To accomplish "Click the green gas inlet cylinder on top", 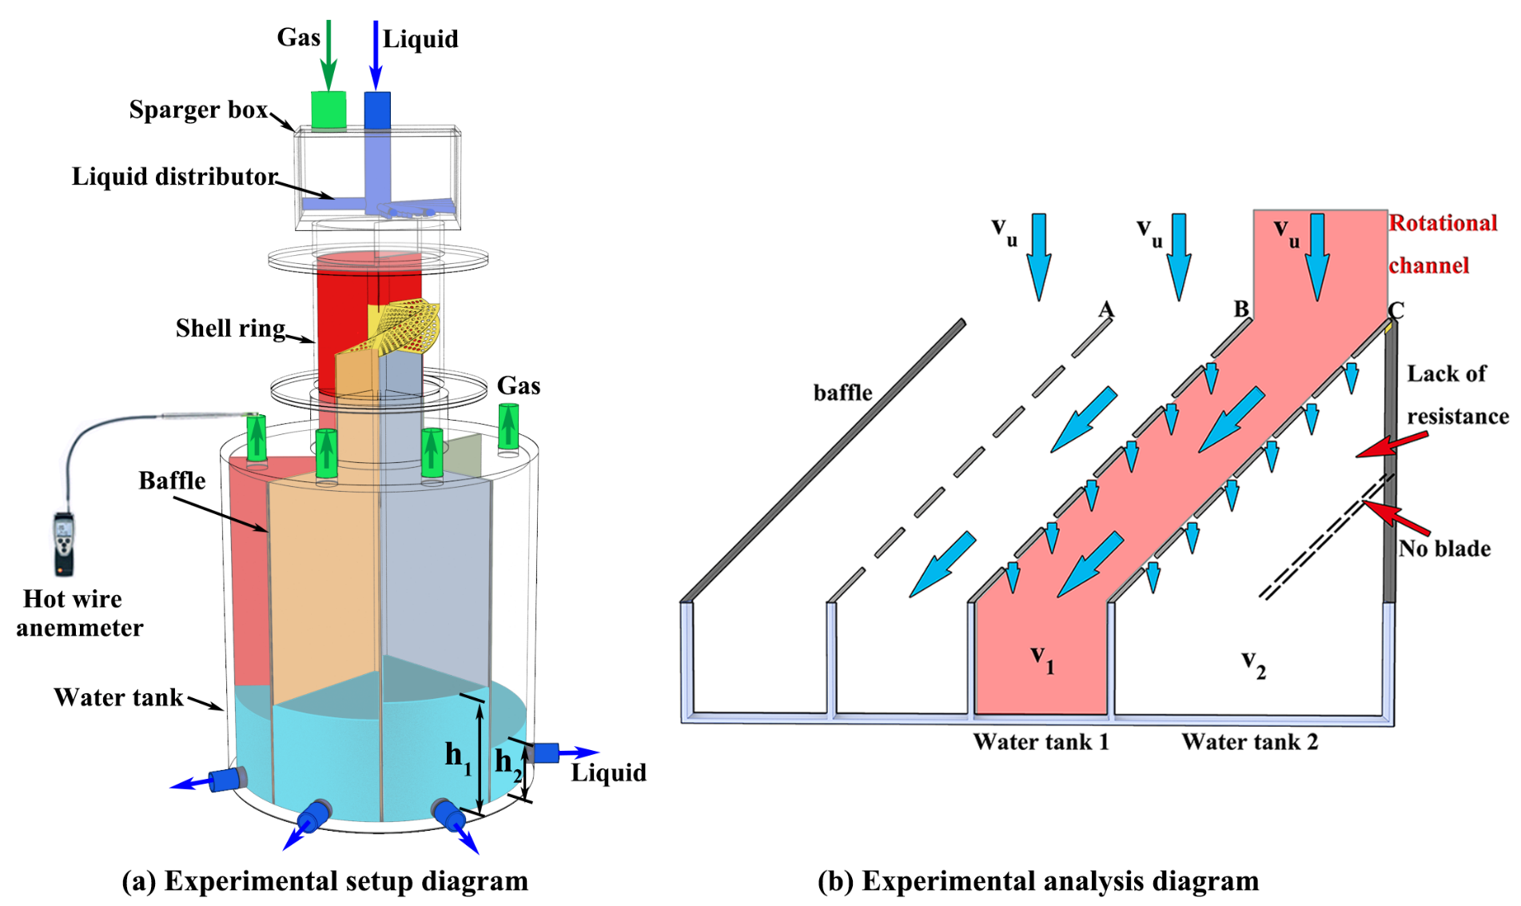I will tap(328, 110).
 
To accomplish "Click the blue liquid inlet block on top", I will tap(377, 110).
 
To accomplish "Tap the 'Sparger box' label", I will tap(198, 110).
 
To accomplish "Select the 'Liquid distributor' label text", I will tap(174, 177).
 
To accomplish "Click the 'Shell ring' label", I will tap(230, 328).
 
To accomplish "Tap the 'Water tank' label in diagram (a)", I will tap(118, 697).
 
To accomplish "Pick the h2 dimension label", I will tap(508, 762).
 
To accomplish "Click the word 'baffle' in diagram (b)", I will tap(842, 393).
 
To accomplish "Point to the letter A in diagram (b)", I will tap(1106, 309).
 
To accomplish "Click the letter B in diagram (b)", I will tap(1240, 309).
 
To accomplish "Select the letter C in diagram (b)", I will tap(1396, 309).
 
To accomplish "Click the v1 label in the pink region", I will tap(1042, 660).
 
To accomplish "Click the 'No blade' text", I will tap(1444, 549).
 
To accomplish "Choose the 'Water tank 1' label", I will tap(1041, 742).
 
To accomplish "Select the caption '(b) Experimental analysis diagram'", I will tap(1037, 881).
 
